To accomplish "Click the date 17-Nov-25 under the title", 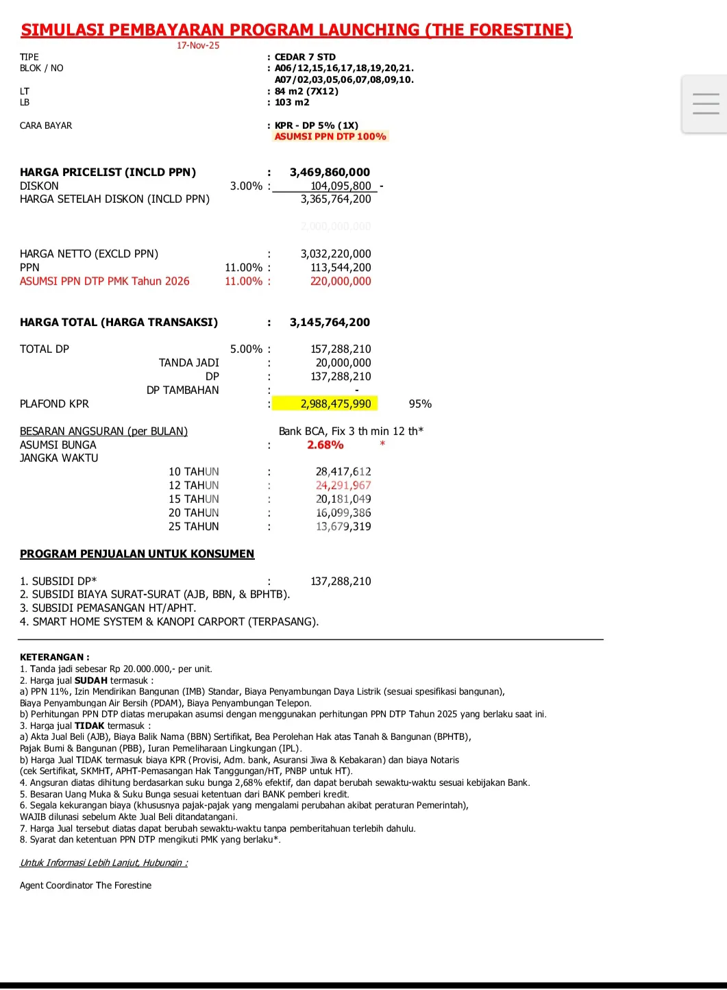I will pos(198,45).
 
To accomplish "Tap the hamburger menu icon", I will pos(705,103).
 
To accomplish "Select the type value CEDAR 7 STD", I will pos(305,57).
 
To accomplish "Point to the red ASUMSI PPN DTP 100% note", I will pos(330,136).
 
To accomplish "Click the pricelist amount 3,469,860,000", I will pos(330,173).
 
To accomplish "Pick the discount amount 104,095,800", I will pos(341,186).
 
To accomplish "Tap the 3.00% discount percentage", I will pos(246,186).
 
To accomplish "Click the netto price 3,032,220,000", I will pos(336,253).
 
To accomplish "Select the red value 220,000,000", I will pos(341,281).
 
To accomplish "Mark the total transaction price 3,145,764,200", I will pos(330,322).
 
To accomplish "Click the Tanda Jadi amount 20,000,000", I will pos(343,362).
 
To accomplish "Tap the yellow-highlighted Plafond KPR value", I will pos(336,404).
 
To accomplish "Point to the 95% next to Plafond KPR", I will pos(420,404).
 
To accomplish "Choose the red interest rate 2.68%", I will pos(325,445).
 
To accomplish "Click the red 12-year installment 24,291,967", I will pos(343,485).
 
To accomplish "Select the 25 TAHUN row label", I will pos(194,526).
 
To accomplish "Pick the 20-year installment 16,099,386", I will pos(343,512).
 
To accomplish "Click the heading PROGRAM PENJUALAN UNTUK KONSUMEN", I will pos(137,554).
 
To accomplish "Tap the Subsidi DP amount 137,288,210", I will pos(341,581).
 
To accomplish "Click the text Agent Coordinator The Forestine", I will pos(86,885).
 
